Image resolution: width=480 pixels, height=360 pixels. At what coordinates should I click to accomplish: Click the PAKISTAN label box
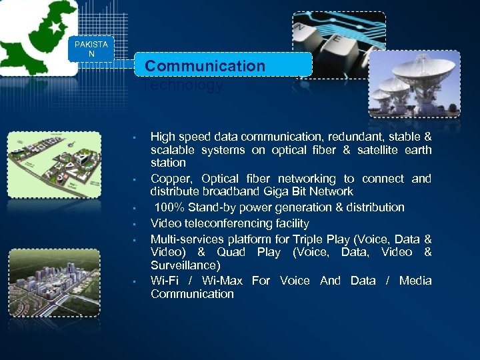coord(91,49)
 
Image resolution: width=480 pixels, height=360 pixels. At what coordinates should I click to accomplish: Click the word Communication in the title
coord(205,66)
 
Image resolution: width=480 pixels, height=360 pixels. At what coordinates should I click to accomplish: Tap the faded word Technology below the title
coord(183,85)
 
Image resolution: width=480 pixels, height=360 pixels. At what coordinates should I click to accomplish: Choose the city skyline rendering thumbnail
coord(54,273)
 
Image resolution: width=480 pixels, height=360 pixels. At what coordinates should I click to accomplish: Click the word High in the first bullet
coord(163,136)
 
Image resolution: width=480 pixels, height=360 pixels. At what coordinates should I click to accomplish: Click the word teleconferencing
coord(223,223)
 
